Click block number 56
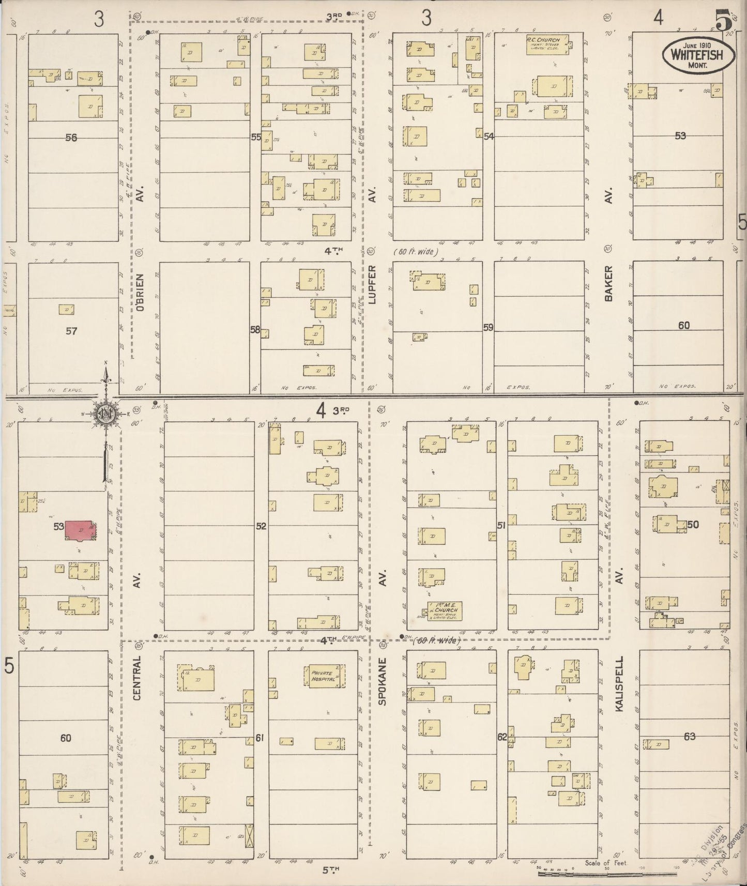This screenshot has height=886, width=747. coord(71,138)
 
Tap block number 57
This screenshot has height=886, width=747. coord(71,330)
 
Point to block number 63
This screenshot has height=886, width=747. coord(690,736)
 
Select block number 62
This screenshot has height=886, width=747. coord(502,737)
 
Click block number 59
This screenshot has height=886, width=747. coord(489,327)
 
